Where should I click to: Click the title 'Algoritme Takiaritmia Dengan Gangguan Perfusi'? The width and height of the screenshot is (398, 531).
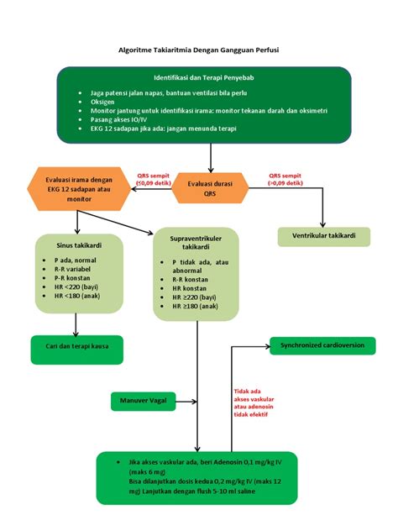click(x=198, y=50)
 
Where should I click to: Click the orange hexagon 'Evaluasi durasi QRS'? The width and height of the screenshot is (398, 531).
click(x=209, y=187)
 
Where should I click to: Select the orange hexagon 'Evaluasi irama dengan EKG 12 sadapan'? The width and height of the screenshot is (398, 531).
click(x=78, y=189)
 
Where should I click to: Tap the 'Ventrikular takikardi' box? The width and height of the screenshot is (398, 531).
click(x=323, y=236)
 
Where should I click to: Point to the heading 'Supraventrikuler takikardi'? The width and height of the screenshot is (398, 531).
click(x=196, y=244)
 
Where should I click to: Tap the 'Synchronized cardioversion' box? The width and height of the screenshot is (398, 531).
click(x=322, y=344)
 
